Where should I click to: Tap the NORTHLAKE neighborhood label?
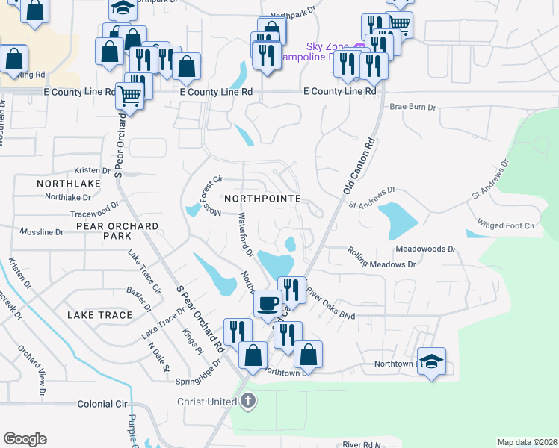click(68, 183)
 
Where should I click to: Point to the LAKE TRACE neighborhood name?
click(99, 315)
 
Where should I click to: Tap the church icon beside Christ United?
click(248, 402)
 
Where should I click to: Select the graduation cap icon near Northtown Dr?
click(431, 361)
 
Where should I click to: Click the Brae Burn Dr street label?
click(411, 108)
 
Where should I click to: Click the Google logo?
click(25, 439)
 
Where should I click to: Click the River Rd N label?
click(362, 444)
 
